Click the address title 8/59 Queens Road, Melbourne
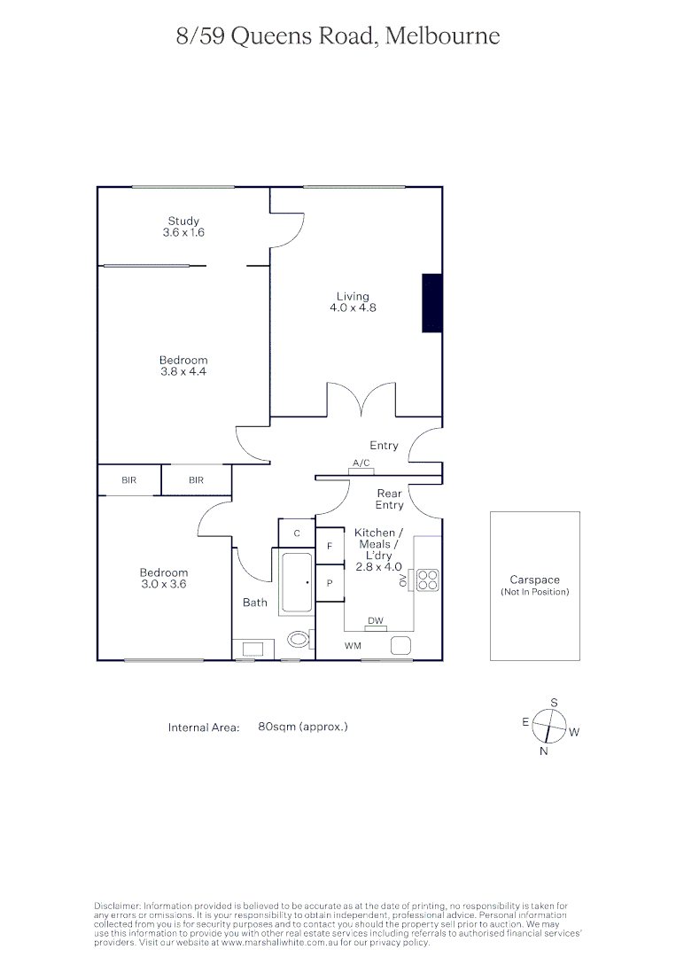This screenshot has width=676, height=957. [338, 36]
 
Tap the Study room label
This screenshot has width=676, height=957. [183, 227]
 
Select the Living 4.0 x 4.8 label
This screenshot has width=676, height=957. [353, 302]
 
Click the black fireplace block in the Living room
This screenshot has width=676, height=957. [431, 303]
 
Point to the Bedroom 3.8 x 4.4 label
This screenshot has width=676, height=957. [183, 366]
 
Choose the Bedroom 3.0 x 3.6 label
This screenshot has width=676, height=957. [164, 579]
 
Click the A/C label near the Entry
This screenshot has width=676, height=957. [361, 463]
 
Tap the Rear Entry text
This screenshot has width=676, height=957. [389, 499]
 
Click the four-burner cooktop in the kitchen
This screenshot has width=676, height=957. [428, 580]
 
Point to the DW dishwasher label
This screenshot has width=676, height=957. [376, 621]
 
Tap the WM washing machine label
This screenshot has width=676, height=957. [354, 646]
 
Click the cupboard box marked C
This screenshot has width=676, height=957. [297, 533]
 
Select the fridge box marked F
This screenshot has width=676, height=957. [330, 547]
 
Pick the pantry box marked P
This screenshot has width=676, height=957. [330, 584]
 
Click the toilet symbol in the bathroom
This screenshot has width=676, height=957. [300, 638]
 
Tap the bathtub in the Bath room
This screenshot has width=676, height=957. [297, 583]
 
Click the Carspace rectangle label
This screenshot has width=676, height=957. [534, 585]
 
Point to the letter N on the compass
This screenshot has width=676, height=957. [544, 751]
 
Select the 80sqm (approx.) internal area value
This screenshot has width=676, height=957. [303, 727]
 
